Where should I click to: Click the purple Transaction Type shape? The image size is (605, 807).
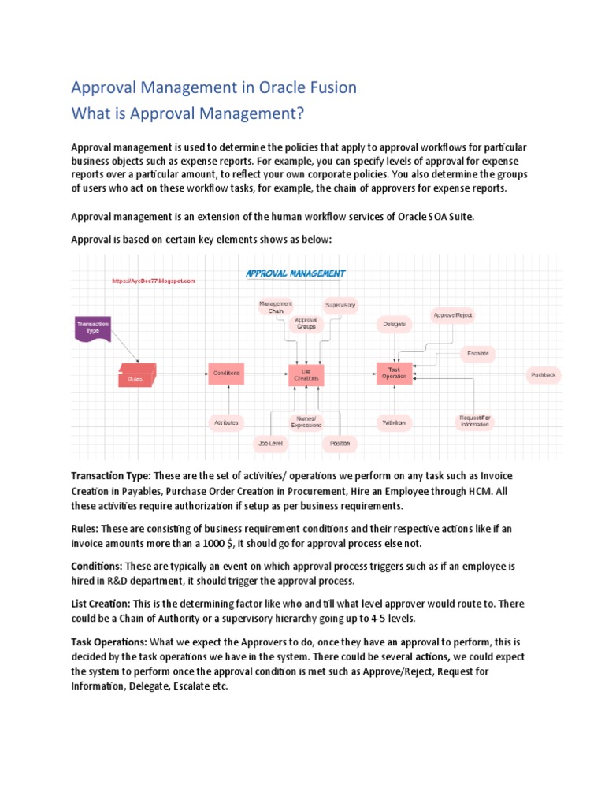pos(93,328)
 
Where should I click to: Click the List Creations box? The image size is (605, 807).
pos(306,374)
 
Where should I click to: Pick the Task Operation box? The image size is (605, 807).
pos(394,373)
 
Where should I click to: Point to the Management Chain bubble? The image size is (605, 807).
pos(275,307)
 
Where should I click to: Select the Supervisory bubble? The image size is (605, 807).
pos(340,304)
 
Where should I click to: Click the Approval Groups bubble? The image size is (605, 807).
pos(306,323)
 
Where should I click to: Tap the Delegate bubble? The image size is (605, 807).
pos(395,324)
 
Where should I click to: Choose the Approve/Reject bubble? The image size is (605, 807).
pos(453,315)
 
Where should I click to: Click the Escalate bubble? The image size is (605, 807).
pos(477,353)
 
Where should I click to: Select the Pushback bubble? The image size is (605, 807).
pos(544,376)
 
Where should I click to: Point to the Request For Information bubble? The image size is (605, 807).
pos(475,421)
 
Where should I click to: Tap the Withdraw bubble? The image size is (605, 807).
pos(395,422)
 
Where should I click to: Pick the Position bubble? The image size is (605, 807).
pos(340,444)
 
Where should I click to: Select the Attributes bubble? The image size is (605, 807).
pos(226,423)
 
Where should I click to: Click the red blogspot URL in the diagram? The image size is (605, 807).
pos(153,281)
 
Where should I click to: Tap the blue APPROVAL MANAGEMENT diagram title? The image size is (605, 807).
pos(295,274)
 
